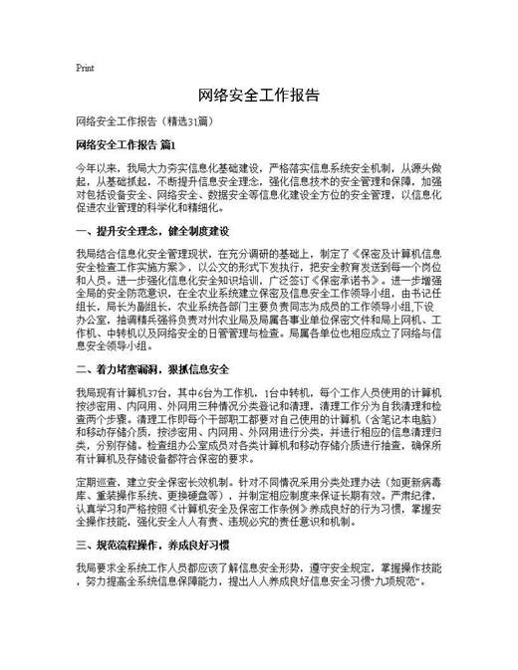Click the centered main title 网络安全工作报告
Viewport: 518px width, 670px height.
(259, 96)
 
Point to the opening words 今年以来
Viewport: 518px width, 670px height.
(96, 170)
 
